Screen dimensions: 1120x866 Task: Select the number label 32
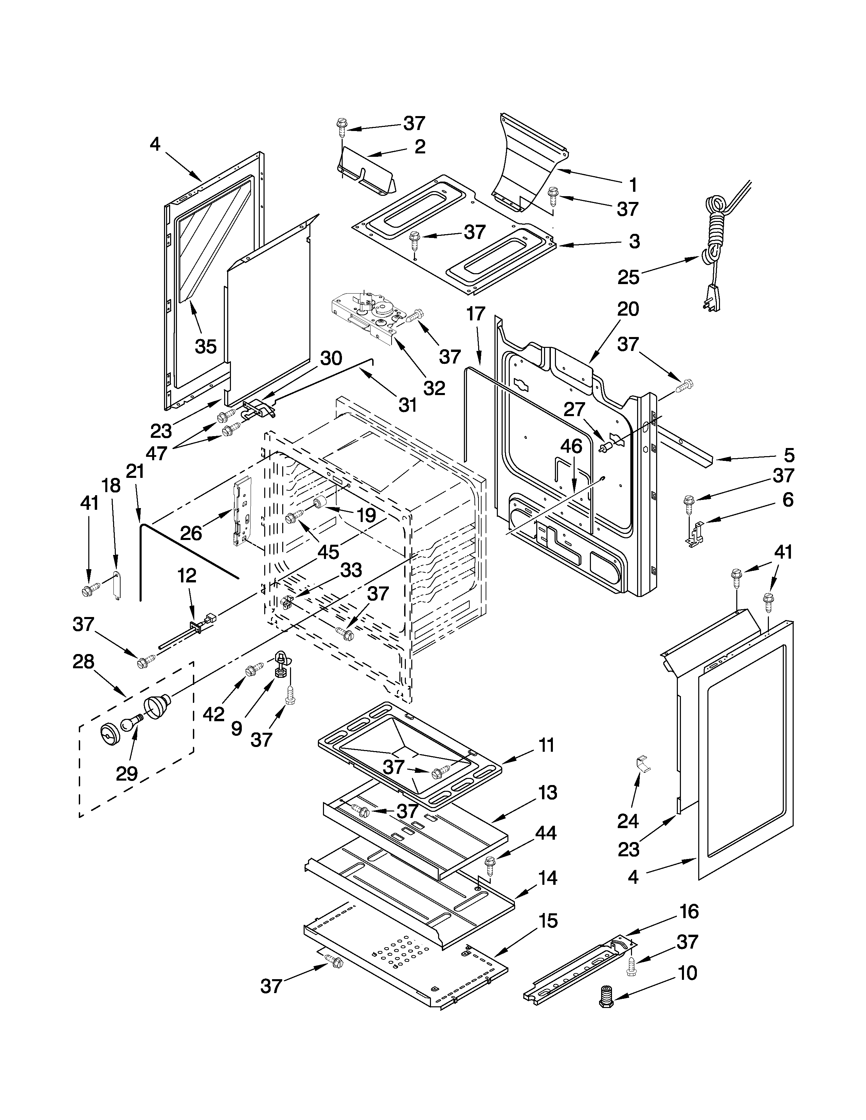pyautogui.click(x=434, y=388)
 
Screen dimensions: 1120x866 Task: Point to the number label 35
pyautogui.click(x=206, y=347)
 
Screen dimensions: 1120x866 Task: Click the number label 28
pyautogui.click(x=84, y=661)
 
